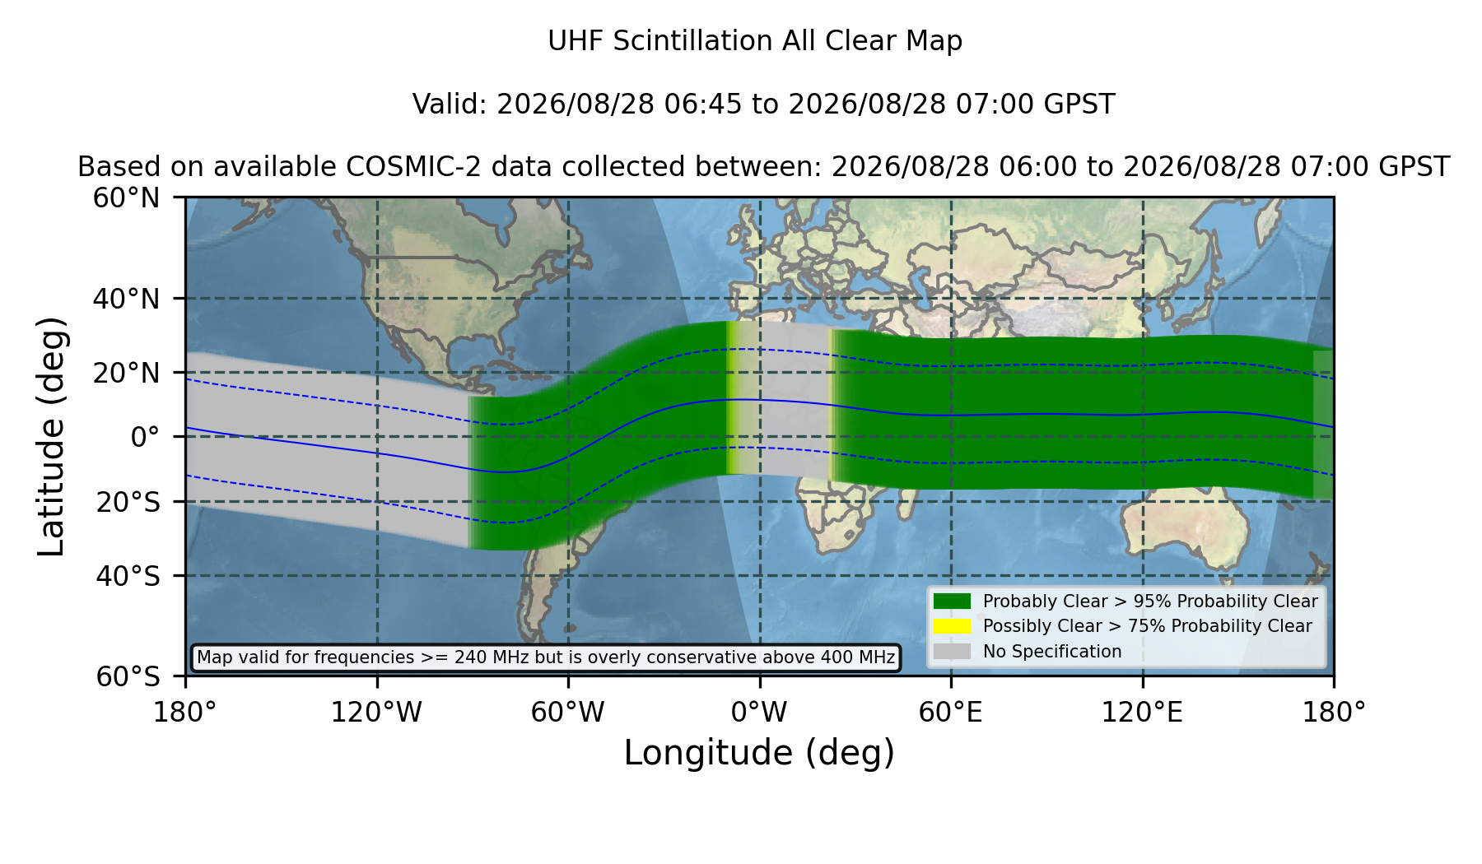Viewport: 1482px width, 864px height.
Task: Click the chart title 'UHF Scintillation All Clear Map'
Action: click(x=755, y=41)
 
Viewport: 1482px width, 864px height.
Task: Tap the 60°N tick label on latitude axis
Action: click(x=127, y=197)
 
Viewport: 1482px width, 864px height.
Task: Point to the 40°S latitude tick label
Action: click(x=128, y=576)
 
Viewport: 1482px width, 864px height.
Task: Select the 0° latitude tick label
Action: click(x=145, y=437)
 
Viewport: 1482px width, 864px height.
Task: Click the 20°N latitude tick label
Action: click(x=127, y=373)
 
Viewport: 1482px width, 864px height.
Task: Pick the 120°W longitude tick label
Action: click(x=376, y=712)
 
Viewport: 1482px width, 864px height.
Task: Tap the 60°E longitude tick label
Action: click(x=951, y=712)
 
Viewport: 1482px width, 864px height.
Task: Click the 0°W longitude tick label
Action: click(x=760, y=712)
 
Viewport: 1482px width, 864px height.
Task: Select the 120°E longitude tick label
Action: click(x=1143, y=712)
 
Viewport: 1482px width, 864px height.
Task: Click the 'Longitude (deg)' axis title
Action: click(x=759, y=753)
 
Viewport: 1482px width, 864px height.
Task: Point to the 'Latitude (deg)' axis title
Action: click(x=51, y=436)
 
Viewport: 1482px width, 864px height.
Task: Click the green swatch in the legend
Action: click(x=952, y=602)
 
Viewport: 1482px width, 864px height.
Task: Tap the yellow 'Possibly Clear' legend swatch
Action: click(x=952, y=626)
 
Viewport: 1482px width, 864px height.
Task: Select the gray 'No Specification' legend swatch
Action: click(x=952, y=652)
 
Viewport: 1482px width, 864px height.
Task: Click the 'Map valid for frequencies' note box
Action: click(x=546, y=657)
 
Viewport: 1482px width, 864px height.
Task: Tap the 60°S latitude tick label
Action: click(x=128, y=676)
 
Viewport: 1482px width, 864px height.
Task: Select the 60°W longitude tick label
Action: click(x=568, y=712)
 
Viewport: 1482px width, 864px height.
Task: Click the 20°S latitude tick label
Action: click(x=128, y=502)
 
